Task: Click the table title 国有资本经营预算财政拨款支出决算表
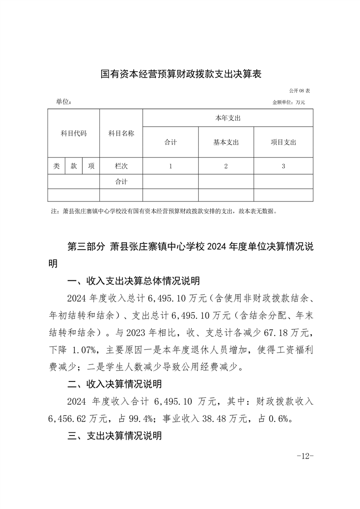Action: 181,74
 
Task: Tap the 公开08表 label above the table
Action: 299,91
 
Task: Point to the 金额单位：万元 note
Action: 288,103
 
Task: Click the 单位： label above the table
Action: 64,102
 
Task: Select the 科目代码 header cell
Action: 73,133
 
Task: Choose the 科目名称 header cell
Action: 121,133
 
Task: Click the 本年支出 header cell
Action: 228,118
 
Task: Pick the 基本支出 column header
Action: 226,142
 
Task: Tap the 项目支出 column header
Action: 283,142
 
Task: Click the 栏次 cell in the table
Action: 121,166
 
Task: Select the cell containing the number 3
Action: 283,166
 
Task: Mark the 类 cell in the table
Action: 56,166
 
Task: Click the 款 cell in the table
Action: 73,166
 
